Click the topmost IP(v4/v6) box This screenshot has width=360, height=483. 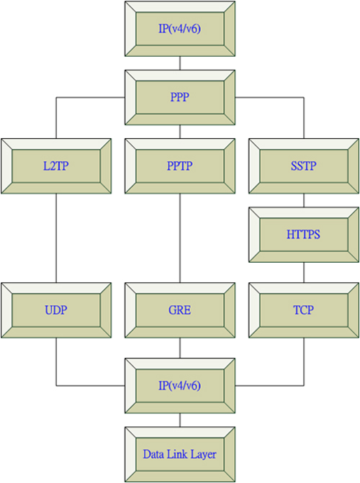[180, 29]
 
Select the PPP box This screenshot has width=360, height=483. [180, 97]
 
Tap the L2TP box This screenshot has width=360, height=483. [56, 166]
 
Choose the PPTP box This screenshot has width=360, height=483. [180, 166]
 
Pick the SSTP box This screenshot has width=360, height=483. [304, 166]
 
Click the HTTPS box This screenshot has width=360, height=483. [304, 235]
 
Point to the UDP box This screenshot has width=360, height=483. [56, 310]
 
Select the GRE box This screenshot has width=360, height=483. [180, 310]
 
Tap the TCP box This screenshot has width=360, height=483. [304, 310]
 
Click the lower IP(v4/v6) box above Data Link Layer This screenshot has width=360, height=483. [180, 386]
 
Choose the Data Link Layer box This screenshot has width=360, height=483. [180, 454]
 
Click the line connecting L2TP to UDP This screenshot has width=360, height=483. [56, 238]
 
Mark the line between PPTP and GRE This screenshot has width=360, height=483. [180, 238]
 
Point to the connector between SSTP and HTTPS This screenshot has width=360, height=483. [304, 201]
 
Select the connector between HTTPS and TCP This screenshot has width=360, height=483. [304, 273]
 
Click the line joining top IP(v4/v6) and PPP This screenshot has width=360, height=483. [180, 63]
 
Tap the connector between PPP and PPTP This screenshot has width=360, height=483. [180, 132]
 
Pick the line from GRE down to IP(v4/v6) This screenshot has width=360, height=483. [180, 348]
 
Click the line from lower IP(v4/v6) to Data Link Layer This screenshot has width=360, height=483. [180, 420]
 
